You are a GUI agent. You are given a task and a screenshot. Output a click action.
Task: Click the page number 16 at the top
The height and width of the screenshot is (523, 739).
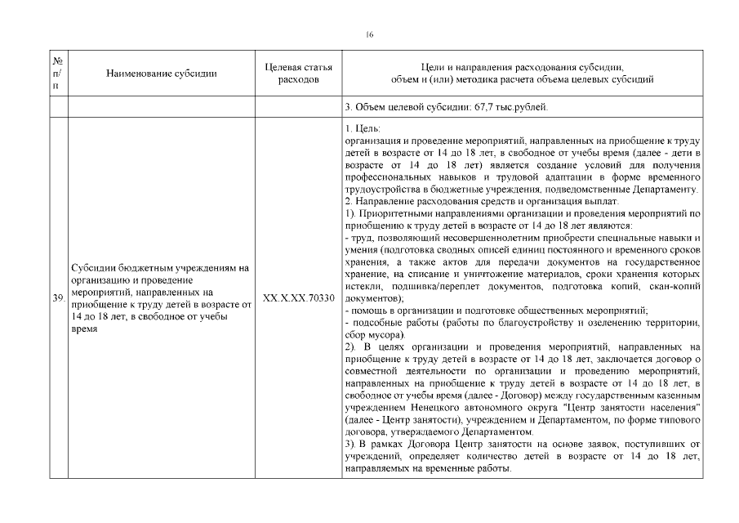click(x=370, y=34)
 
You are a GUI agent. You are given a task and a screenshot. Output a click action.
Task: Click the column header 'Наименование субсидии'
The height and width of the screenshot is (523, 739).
click(x=162, y=74)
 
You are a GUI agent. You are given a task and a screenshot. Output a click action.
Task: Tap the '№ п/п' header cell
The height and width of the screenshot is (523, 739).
click(x=58, y=74)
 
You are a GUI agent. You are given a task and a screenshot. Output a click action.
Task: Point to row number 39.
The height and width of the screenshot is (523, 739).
click(x=58, y=298)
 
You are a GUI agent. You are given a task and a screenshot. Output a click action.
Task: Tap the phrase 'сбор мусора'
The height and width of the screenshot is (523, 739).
click(x=375, y=335)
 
